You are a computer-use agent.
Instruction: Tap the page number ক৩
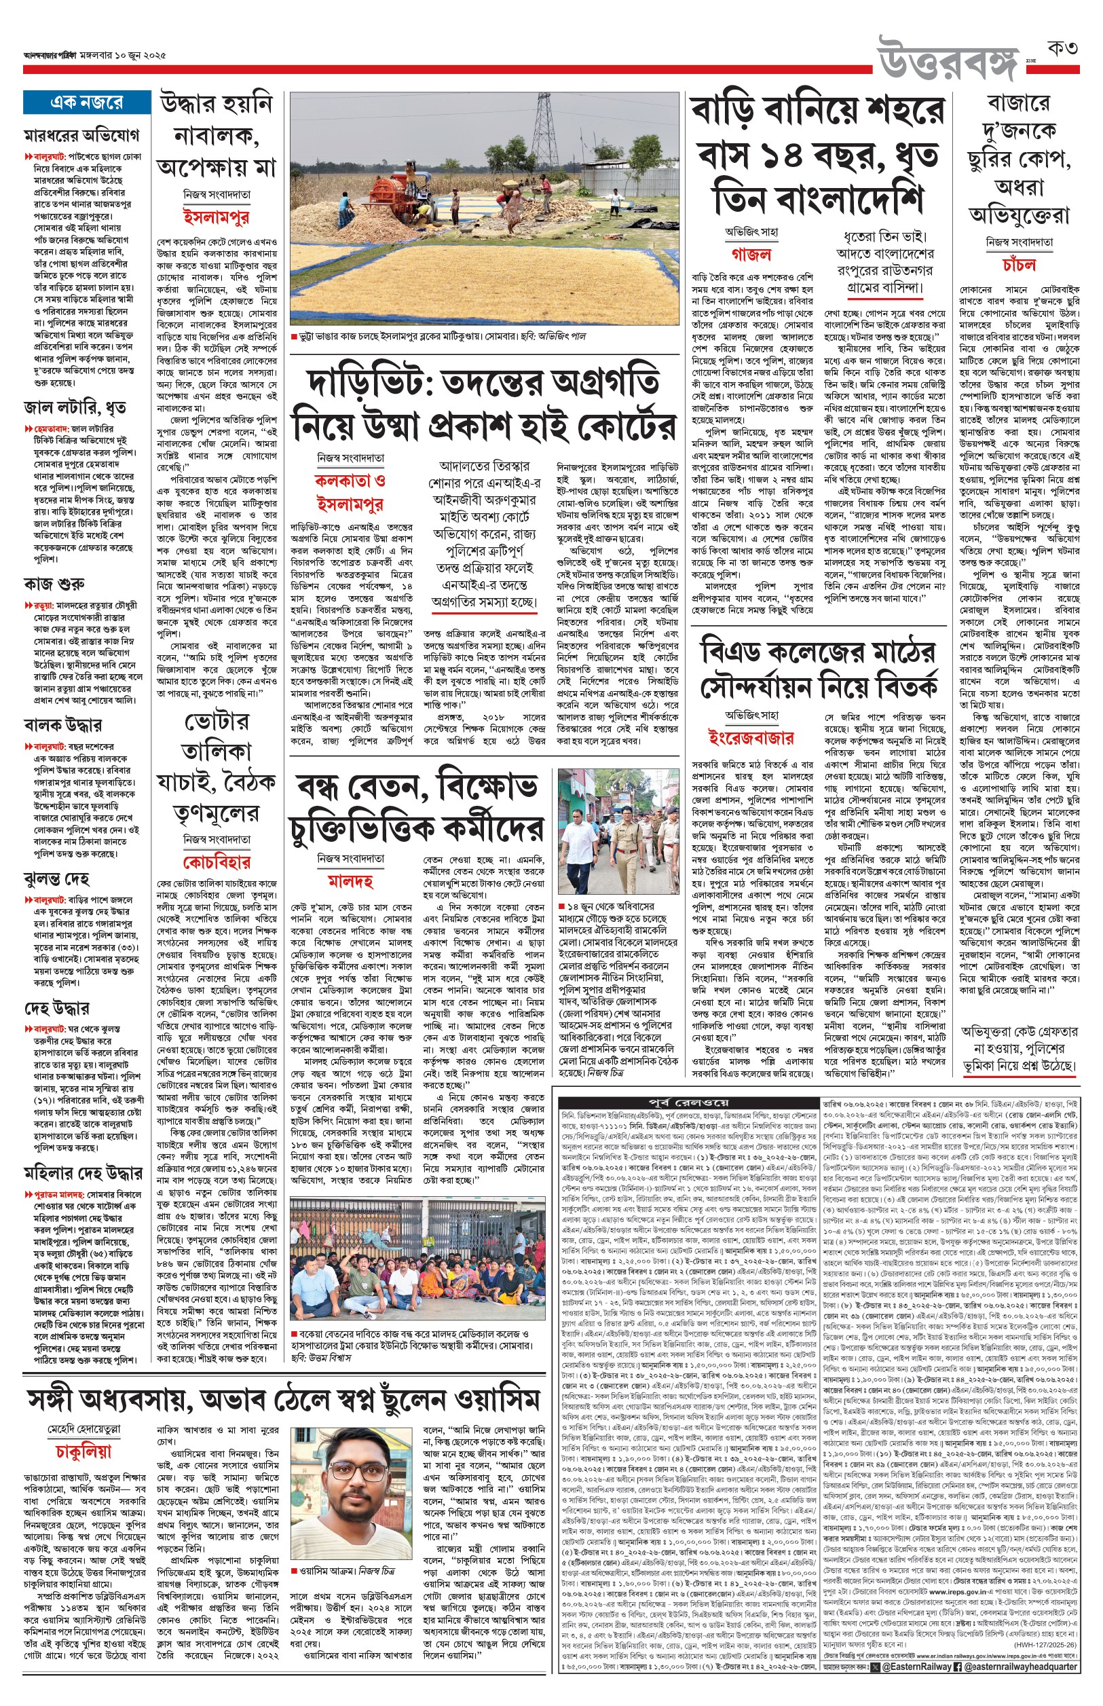(x=1062, y=49)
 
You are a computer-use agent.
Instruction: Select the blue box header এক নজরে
(x=87, y=103)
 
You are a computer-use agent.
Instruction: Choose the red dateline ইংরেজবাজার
(x=751, y=738)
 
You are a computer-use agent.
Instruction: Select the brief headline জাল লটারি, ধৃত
(x=75, y=408)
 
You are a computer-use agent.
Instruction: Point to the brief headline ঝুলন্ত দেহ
(x=56, y=878)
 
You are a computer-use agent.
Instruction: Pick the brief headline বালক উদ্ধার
(x=62, y=725)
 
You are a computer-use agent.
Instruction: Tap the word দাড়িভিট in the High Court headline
(x=362, y=383)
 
